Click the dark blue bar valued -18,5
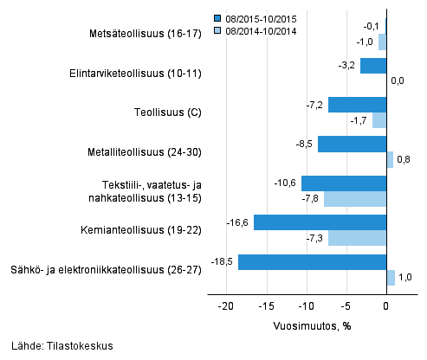(312, 261)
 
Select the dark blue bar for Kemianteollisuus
(320, 222)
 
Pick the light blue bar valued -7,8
(355, 199)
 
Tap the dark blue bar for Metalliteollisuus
(352, 144)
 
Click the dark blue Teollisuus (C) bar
(357, 105)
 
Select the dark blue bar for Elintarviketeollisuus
(373, 66)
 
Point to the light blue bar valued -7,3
(357, 238)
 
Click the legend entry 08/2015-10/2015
(262, 17)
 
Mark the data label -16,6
(239, 222)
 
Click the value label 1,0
(405, 277)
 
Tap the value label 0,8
(404, 159)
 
